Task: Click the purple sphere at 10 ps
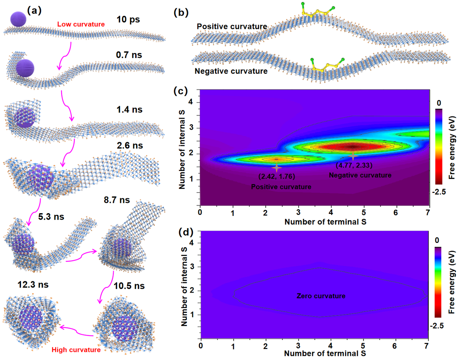coord(18,18)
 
